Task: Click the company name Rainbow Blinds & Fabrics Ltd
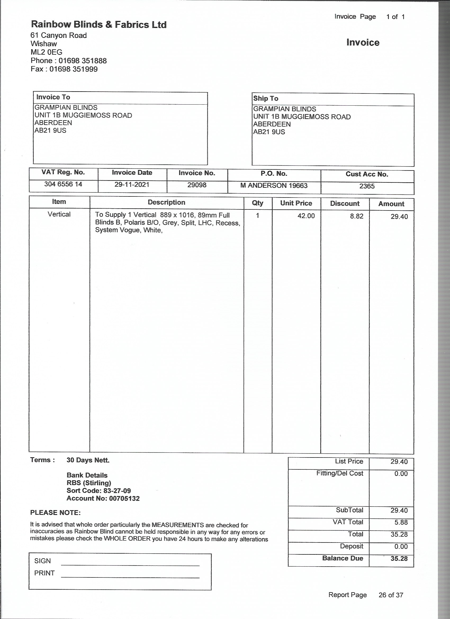point(98,25)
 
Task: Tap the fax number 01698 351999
point(73,69)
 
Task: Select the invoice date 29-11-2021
point(132,185)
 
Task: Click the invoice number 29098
point(197,185)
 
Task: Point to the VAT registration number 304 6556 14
point(63,184)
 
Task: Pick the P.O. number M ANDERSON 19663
point(274,186)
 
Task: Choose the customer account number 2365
point(367,186)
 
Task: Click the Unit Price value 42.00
point(306,216)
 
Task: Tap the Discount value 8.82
point(357,216)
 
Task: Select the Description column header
point(166,202)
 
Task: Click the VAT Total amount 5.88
point(401,522)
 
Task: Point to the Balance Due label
point(343,558)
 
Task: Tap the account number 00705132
point(124,498)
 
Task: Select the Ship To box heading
point(265,98)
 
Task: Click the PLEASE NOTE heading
point(55,513)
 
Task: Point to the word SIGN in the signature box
point(43,561)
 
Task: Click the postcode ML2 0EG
point(46,52)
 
